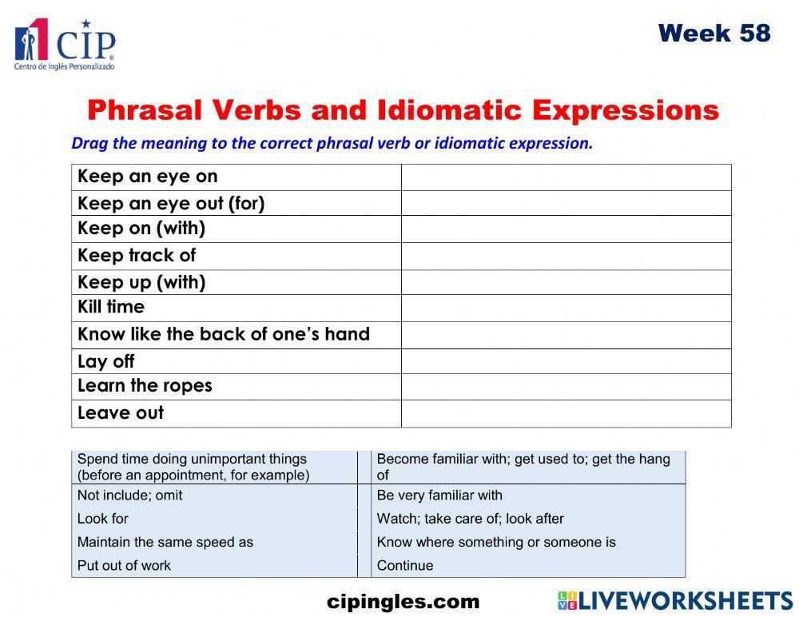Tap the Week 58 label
(714, 34)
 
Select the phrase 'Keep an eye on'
(147, 177)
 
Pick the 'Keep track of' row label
(137, 256)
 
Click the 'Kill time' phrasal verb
(111, 307)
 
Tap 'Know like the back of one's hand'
(224, 334)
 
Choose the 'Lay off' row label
(106, 361)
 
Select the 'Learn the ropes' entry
(145, 386)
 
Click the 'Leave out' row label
(121, 413)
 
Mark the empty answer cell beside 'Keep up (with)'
(566, 282)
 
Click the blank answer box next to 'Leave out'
(566, 413)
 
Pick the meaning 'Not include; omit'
(130, 496)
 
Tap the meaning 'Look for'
(103, 519)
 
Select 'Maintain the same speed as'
(165, 542)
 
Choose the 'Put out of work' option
(124, 565)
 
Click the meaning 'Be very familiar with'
(439, 496)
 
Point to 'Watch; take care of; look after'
(470, 519)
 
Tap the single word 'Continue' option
(405, 565)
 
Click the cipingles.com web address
(403, 602)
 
